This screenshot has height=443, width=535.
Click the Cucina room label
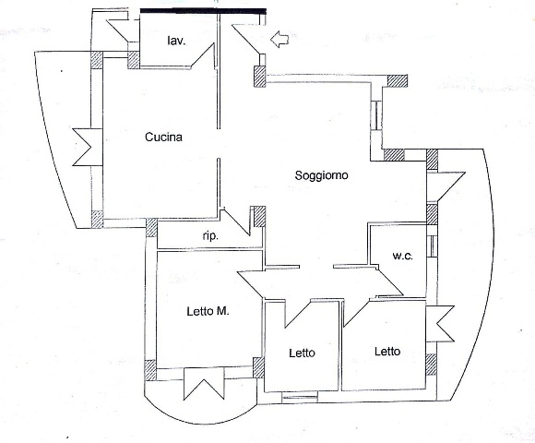coord(163,138)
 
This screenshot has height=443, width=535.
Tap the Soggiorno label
coord(321,175)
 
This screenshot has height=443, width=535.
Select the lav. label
coord(176,42)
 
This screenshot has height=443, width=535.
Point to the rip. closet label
coord(210,236)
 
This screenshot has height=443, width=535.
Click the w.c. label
coord(402,256)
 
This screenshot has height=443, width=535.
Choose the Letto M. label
coord(208,311)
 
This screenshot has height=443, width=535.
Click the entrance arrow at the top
coord(279,39)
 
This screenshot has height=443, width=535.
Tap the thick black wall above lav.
coord(203,11)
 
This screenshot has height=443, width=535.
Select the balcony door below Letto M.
coord(204,383)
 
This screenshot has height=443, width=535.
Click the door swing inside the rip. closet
coord(236,221)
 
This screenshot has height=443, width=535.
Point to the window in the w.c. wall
coord(432,245)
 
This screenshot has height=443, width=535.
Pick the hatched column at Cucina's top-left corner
coord(97,60)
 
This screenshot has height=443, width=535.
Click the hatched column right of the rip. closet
coord(259,217)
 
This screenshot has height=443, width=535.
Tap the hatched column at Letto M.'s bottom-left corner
coord(150,370)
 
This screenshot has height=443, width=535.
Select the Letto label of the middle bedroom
coord(302,353)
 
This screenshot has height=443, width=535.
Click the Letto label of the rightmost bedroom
coord(387,352)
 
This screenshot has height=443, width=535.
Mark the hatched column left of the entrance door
coord(259,77)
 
